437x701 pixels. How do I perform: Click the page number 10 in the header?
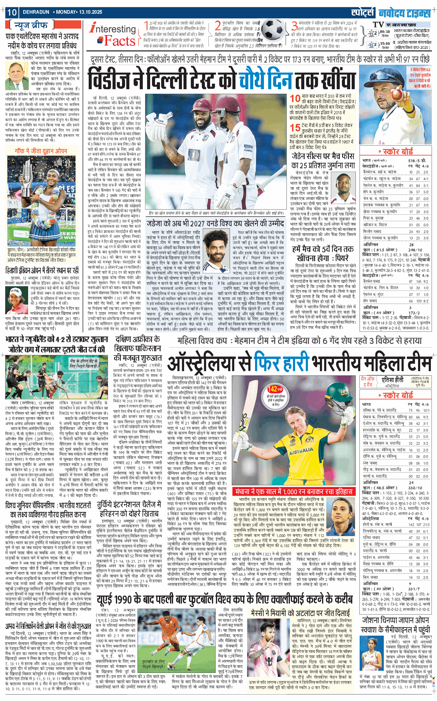click(12, 12)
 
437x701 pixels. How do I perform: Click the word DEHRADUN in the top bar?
click(36, 12)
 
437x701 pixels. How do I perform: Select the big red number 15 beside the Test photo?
click(295, 128)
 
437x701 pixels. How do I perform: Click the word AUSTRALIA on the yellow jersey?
click(301, 451)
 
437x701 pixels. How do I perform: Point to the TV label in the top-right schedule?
click(378, 24)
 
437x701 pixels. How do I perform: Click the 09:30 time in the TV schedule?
click(385, 31)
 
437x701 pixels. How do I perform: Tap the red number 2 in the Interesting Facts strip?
click(217, 26)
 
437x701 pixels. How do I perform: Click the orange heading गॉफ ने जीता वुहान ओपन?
click(41, 151)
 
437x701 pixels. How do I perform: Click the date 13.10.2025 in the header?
click(91, 12)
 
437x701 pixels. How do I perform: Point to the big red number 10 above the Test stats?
click(295, 98)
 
